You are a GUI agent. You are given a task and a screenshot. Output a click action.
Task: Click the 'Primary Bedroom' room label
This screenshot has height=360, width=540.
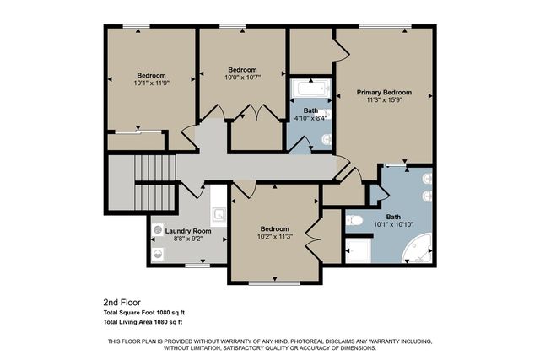(383, 93)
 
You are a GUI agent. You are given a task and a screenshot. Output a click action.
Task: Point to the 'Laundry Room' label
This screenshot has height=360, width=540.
(187, 230)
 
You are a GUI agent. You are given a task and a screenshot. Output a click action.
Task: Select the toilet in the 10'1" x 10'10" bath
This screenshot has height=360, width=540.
(355, 221)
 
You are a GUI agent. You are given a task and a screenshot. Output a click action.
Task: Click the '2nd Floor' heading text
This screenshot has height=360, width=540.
(121, 301)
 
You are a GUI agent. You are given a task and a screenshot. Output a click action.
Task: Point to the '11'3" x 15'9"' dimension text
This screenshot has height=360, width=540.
(383, 101)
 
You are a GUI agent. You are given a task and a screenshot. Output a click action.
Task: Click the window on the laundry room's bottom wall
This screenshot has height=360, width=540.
(197, 265)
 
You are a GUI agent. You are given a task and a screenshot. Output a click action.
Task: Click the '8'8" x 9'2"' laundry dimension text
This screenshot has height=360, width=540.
(187, 239)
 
